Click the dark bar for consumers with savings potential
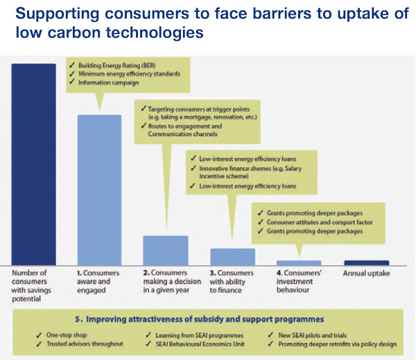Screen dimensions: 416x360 (34, 164)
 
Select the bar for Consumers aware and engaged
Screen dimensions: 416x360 (99, 190)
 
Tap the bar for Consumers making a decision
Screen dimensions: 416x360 (166, 250)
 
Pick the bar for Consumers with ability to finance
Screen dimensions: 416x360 (233, 257)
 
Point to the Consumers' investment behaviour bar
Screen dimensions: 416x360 (299, 263)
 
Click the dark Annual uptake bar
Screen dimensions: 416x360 (367, 263)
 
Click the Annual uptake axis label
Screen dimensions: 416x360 (366, 273)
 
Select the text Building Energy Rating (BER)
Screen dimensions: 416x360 (117, 66)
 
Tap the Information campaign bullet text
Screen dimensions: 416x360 (109, 83)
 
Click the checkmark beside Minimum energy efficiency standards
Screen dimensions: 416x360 (72, 74)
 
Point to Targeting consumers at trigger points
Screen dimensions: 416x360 (199, 109)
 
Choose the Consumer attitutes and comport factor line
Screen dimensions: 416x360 (320, 222)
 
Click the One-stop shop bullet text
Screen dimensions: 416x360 (67, 335)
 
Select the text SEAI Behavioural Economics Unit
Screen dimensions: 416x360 (200, 344)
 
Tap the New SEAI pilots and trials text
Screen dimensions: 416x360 (313, 335)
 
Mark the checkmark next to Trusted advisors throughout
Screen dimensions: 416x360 (39, 344)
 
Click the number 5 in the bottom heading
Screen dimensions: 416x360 (78, 319)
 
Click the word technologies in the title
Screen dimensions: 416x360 (155, 33)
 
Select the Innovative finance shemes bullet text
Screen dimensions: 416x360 (250, 172)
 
